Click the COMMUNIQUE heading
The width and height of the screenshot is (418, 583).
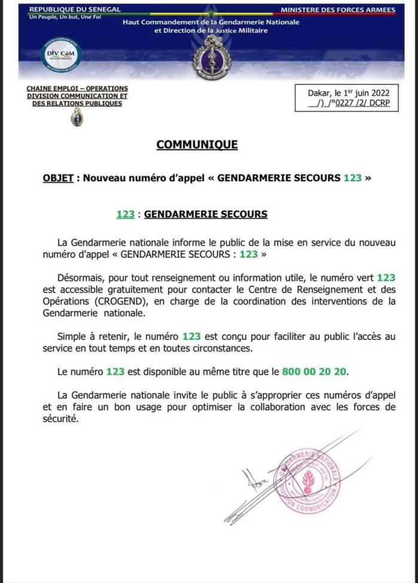tap(197, 145)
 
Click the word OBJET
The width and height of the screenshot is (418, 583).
tap(59, 178)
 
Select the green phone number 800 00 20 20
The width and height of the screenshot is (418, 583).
tap(314, 372)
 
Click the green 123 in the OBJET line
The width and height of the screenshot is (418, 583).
tap(352, 178)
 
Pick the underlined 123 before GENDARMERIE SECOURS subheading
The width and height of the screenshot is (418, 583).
tap(125, 214)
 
